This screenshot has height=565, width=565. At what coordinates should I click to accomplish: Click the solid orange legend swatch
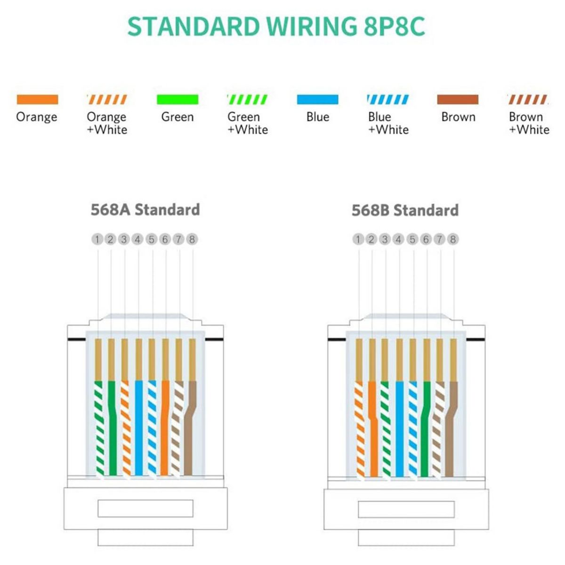tap(37, 99)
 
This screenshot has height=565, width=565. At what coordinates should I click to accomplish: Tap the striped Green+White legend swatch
tap(247, 99)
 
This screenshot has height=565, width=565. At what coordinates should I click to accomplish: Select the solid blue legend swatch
tap(317, 99)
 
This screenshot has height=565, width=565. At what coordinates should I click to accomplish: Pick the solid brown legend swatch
tap(458, 99)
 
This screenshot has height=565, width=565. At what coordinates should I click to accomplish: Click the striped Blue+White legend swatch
tap(388, 99)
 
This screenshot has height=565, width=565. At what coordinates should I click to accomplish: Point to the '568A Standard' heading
tap(145, 210)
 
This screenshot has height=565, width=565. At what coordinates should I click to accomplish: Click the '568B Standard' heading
tap(405, 210)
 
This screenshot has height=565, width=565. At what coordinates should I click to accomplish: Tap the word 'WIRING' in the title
tap(310, 26)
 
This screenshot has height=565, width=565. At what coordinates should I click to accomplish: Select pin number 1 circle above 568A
tap(97, 239)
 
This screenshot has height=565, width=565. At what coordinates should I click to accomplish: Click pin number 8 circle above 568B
tap(453, 239)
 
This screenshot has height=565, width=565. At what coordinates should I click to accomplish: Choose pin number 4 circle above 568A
tap(137, 239)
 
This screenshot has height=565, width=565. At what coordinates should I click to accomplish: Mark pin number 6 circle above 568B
tap(426, 239)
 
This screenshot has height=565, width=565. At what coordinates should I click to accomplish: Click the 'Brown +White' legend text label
tap(529, 123)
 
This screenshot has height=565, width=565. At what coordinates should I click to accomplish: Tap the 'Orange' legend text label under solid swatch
tap(37, 117)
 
